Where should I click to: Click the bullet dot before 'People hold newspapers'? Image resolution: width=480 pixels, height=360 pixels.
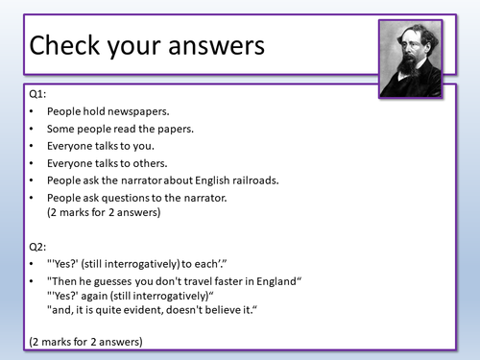pos(34,111)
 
